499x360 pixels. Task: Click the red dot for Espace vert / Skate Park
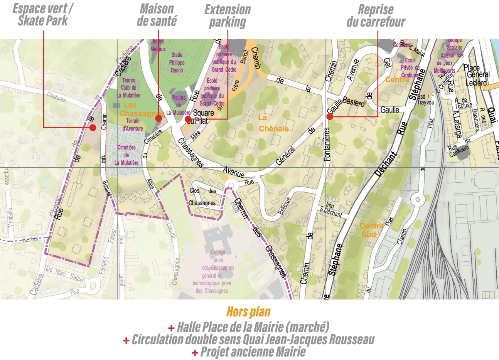93,128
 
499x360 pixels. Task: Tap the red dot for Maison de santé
158,119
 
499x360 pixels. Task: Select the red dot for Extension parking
188,119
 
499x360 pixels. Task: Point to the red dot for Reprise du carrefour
330,116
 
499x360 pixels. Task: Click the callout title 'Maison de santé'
157,15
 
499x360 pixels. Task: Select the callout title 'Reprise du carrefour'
376,15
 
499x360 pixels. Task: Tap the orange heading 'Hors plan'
248,311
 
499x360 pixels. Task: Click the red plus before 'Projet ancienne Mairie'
195,352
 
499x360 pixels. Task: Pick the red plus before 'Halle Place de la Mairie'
171,328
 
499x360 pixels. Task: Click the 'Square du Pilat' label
201,117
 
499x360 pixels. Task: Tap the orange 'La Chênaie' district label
273,123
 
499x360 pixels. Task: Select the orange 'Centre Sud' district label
371,230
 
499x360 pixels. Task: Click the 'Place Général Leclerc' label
477,75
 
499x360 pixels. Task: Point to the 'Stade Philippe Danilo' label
177,62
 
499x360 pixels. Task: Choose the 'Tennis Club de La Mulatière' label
129,88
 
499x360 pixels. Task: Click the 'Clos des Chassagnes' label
202,197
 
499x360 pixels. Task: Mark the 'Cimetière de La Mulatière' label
126,155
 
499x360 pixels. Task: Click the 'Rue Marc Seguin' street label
64,273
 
